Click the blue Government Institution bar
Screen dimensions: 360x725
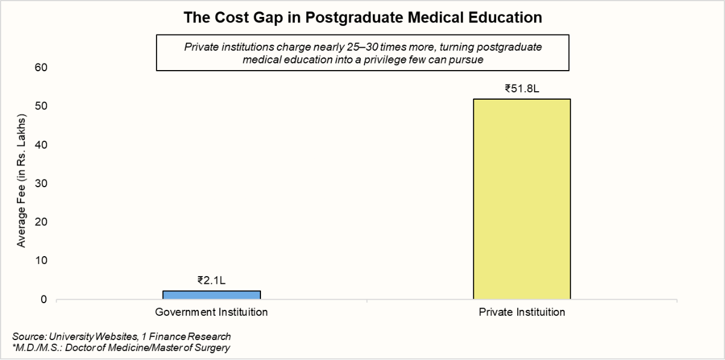coord(211,295)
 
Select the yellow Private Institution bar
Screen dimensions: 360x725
coord(521,199)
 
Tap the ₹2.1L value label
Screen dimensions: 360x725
coord(211,280)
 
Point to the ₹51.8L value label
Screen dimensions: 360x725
coord(521,88)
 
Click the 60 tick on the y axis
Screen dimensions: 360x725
coord(40,67)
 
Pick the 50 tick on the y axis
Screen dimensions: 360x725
coord(40,106)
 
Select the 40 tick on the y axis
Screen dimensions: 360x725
coord(40,144)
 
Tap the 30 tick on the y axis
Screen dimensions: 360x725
coord(40,183)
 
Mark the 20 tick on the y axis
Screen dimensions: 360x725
coord(40,222)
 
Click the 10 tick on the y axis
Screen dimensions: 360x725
coord(40,260)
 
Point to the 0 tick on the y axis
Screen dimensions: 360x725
coord(43,299)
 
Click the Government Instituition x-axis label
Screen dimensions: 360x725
coord(211,312)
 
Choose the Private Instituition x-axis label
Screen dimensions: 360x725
coord(521,312)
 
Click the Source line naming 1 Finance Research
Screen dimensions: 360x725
coord(121,336)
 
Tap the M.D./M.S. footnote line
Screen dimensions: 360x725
coord(121,347)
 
